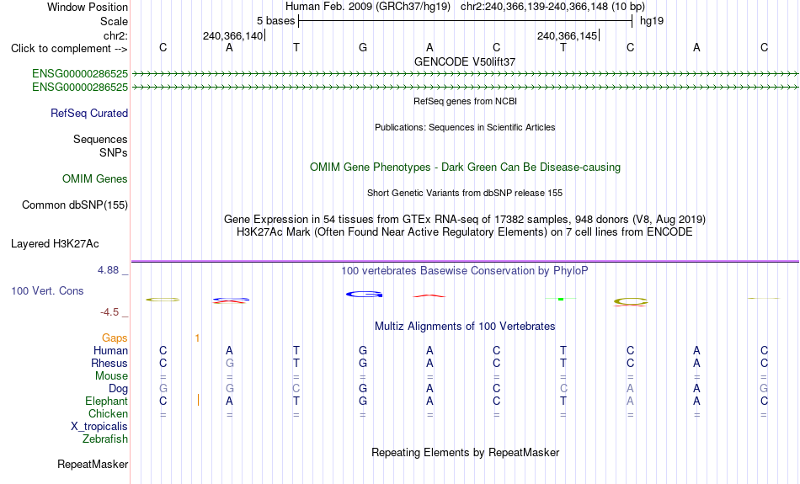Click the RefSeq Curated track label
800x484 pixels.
89,114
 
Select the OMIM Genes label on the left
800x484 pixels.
95,179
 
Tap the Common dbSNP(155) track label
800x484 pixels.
75,205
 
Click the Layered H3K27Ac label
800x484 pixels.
55,244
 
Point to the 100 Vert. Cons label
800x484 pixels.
47,290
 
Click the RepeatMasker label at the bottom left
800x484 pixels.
93,464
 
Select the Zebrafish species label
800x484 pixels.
105,439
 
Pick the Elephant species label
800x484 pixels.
107,402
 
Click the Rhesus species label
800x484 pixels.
109,363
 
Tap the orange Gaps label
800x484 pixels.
115,338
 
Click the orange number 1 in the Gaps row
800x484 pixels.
197,338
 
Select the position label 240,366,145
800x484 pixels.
567,35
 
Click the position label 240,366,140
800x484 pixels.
232,35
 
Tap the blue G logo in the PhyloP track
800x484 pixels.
364,295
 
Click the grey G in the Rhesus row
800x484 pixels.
230,363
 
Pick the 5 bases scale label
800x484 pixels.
275,21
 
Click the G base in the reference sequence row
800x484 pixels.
363,47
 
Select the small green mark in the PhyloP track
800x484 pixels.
561,299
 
